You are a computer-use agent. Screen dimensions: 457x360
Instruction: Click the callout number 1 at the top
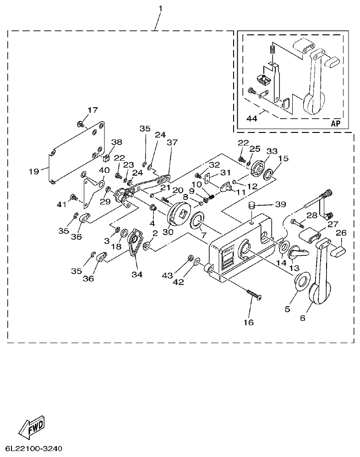coord(160,8)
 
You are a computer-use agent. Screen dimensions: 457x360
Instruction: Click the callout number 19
coord(33,171)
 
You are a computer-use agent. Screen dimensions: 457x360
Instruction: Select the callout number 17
coord(93,110)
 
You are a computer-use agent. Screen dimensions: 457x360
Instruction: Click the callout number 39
coord(280,204)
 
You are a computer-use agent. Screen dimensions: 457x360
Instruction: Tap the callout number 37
coord(172,143)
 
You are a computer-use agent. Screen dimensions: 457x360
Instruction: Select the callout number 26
coord(341,232)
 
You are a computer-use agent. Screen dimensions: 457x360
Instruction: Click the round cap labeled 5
coord(300,281)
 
